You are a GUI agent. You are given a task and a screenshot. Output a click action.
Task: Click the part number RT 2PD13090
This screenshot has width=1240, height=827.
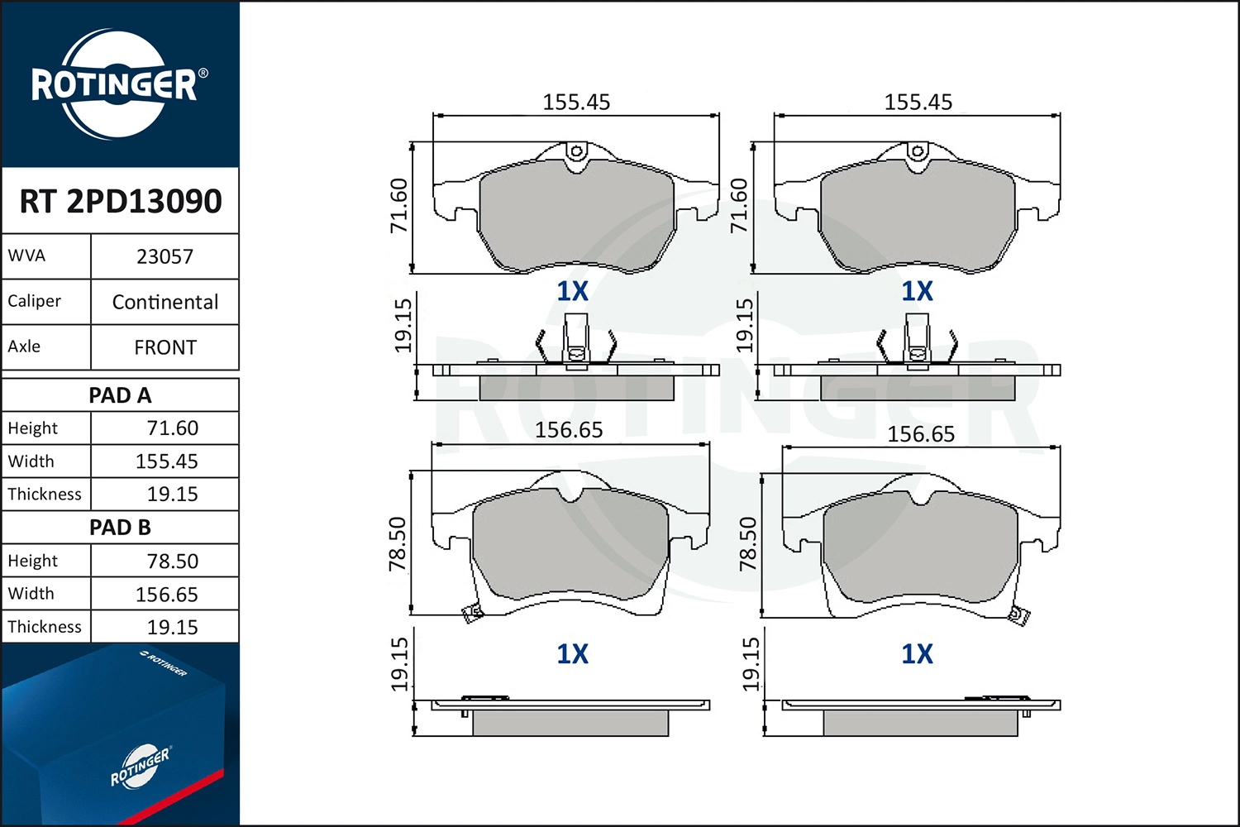click(120, 201)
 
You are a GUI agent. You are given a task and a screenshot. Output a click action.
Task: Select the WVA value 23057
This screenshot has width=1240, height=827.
click(165, 256)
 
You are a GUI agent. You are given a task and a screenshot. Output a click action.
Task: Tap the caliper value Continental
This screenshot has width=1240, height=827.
click(165, 302)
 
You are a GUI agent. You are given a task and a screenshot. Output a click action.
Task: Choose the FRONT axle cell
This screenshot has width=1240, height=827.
click(165, 347)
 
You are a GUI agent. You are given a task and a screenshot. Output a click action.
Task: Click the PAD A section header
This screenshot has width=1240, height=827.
click(120, 395)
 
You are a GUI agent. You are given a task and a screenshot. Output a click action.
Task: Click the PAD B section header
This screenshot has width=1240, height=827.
click(120, 528)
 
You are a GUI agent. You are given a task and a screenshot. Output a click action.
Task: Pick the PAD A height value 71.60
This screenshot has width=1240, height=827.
click(172, 428)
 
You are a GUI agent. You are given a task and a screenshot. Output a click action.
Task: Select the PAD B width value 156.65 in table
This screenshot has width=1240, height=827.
click(167, 595)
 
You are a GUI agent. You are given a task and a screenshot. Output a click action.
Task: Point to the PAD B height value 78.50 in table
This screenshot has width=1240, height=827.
click(172, 561)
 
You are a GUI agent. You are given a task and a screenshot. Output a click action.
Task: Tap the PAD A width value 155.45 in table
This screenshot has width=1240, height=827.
click(167, 461)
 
